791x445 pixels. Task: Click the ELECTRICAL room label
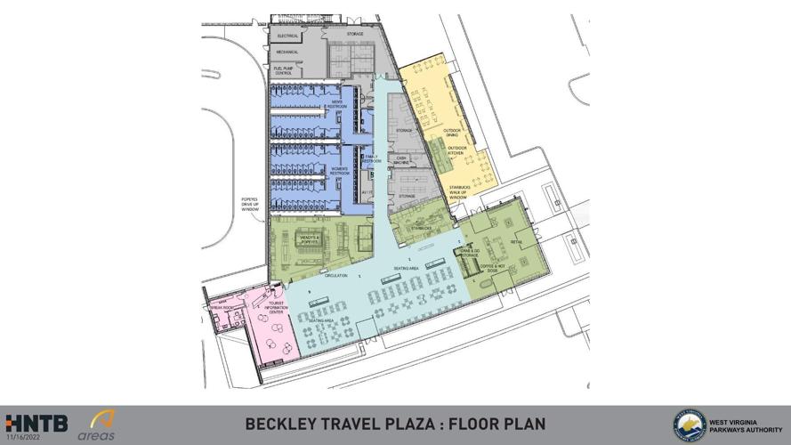point(287,36)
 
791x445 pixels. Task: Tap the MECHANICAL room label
point(287,53)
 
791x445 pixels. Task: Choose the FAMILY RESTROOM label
point(371,158)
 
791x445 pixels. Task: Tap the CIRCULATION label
point(336,276)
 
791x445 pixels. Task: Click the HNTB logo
point(36,423)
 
